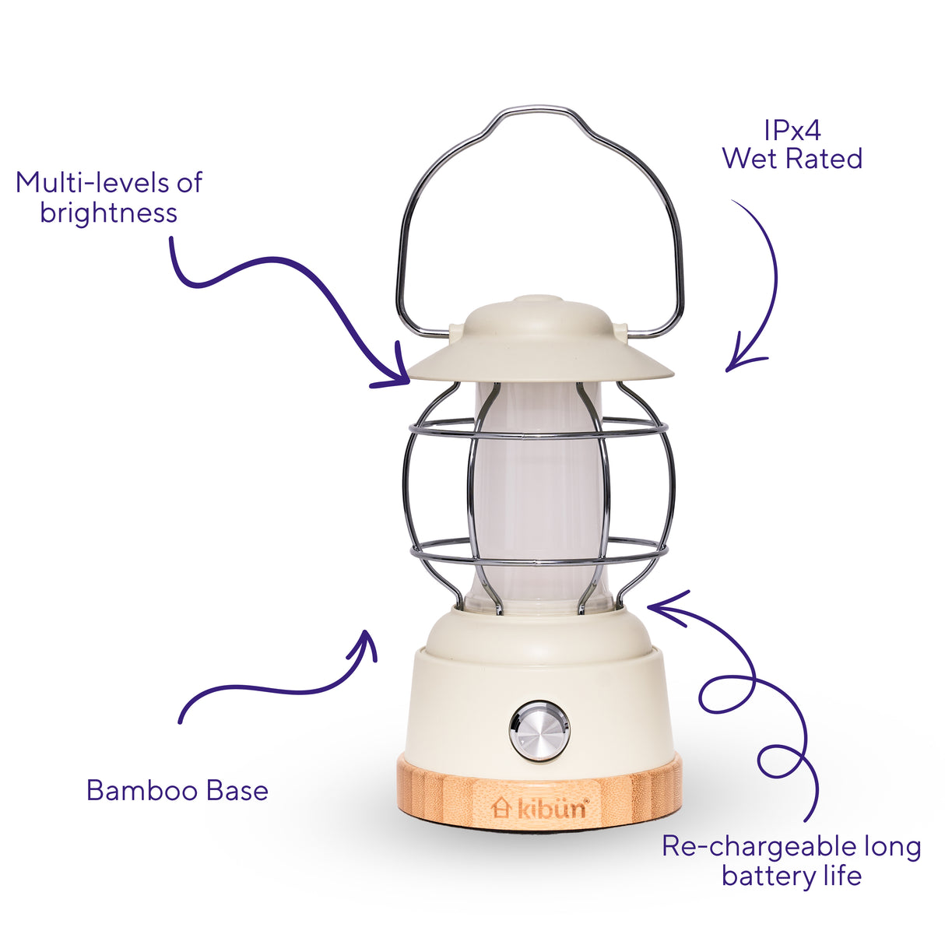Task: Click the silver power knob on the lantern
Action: (x=539, y=730)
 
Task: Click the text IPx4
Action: (x=792, y=131)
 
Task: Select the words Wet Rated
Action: (x=792, y=159)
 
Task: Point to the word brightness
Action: (x=108, y=213)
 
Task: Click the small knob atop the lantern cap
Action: (x=537, y=300)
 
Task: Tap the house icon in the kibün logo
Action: (x=501, y=808)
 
